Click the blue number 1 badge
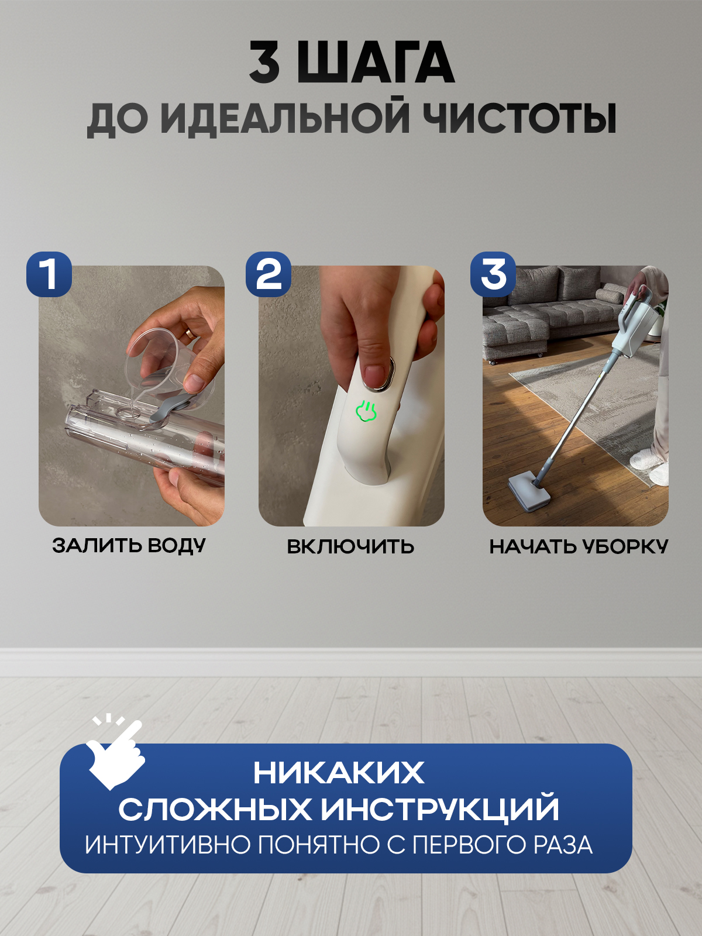49,274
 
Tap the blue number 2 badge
269,274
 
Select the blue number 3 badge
493,274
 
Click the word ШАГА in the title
376,63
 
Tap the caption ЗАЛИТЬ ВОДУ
129,546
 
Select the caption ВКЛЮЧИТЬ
350,546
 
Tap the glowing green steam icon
366,411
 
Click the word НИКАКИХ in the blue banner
339,773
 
